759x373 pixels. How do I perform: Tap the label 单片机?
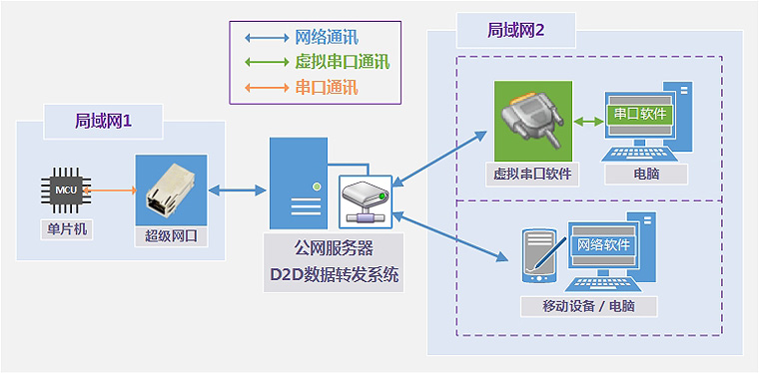pos(65,228)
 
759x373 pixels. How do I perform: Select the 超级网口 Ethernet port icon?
pos(171,189)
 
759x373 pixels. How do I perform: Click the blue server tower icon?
pos(299,184)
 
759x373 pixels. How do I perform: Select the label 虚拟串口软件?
pos(532,173)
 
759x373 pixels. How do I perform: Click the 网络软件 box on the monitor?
pos(604,245)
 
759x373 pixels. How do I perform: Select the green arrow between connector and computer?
pos(588,122)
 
